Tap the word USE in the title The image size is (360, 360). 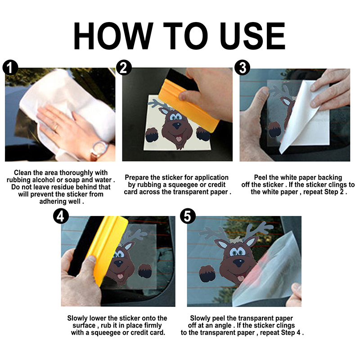[x=253, y=36]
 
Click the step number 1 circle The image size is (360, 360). [x=10, y=68]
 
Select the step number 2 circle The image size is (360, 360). [x=124, y=68]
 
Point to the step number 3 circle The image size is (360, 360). [x=243, y=68]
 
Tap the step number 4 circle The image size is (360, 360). [x=61, y=216]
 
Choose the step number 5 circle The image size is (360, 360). [x=188, y=216]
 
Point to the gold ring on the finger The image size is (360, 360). [x=56, y=127]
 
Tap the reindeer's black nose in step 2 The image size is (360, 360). [x=176, y=126]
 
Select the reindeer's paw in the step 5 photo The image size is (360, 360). [x=207, y=274]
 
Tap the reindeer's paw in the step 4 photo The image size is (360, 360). [x=145, y=271]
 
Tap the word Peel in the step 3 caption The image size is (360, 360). [x=261, y=177]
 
